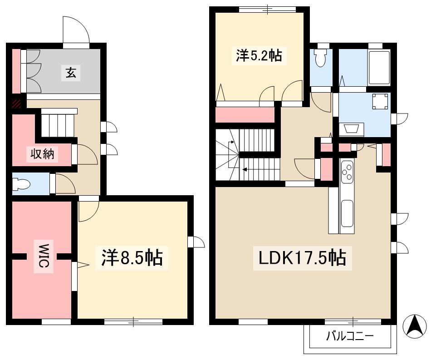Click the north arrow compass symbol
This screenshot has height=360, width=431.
click(x=415, y=326)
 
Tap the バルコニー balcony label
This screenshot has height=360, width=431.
click(x=350, y=336)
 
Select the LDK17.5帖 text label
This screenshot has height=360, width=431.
click(x=302, y=258)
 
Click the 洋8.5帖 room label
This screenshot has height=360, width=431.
click(x=132, y=258)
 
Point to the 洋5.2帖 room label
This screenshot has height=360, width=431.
click(x=259, y=55)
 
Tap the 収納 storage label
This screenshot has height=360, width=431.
click(x=42, y=154)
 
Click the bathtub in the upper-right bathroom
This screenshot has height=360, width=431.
click(x=379, y=67)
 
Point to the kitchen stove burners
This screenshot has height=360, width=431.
click(x=347, y=172)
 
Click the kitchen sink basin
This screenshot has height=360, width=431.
click(x=347, y=213)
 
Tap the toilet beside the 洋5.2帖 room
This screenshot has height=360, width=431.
click(x=320, y=58)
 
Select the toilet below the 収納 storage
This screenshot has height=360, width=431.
click(x=21, y=184)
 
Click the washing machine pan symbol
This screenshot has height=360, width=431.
click(x=381, y=101)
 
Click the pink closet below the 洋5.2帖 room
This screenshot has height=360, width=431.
click(x=245, y=115)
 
